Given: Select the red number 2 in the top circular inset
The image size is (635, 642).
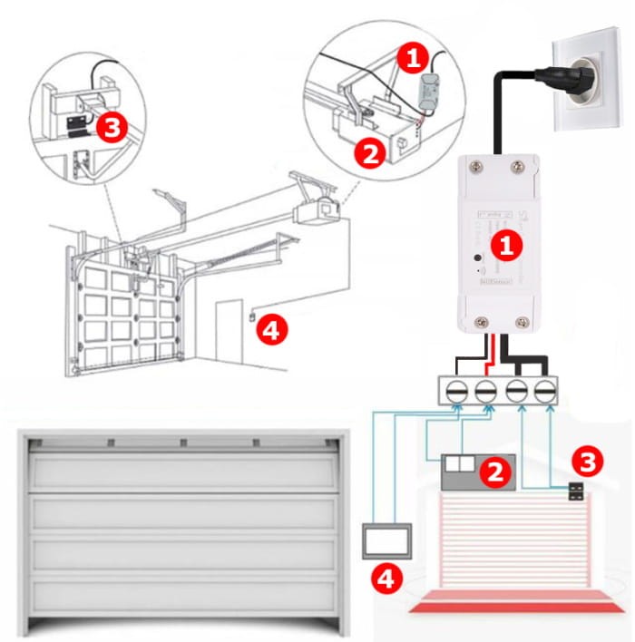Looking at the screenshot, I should point(370,154).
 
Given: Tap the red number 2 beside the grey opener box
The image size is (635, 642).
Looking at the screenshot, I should point(495,471).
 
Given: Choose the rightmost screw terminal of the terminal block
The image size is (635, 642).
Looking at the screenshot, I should point(545,391).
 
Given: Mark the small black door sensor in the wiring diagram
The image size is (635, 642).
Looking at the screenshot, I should point(576,493).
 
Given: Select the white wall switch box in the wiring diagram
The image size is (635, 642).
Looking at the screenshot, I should point(387,540).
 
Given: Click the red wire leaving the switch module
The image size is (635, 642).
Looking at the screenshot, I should point(490,349).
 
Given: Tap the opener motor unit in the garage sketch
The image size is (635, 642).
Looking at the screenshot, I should point(320,209).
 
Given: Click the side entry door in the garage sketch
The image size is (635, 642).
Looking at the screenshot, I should point(229,332).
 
